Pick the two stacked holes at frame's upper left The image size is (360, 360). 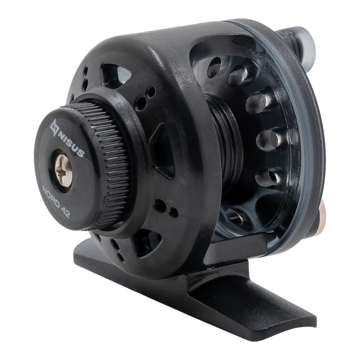[85, 78]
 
